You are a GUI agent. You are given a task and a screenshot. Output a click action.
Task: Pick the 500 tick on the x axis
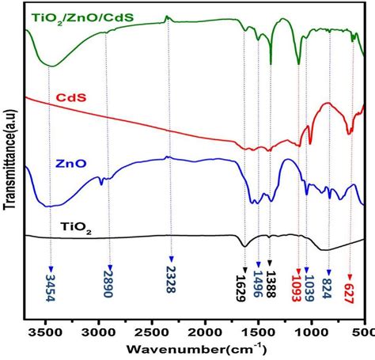click(364, 332)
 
